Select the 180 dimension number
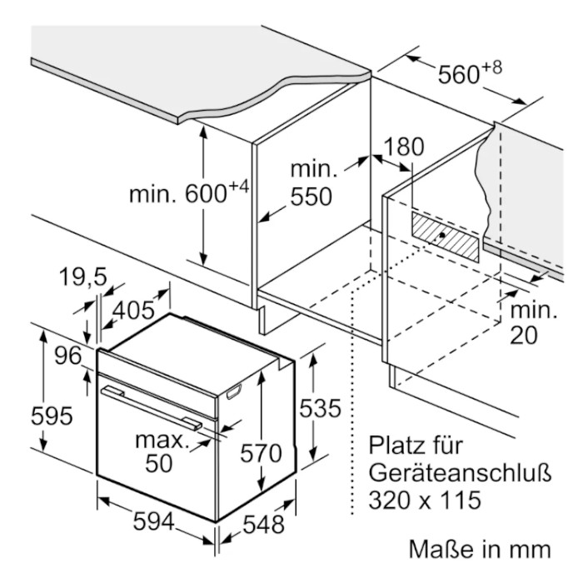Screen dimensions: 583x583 (x=403, y=147)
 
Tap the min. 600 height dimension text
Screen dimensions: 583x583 (x=188, y=191)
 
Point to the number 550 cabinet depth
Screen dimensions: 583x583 (x=311, y=197)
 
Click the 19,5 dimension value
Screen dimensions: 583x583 (x=83, y=277)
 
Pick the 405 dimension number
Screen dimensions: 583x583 (x=133, y=310)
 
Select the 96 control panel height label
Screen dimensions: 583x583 (x=68, y=356)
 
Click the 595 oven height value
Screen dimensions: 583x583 (x=52, y=416)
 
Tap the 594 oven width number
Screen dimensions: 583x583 (x=153, y=521)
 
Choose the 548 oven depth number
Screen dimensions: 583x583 (x=264, y=525)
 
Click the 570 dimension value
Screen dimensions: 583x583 (x=261, y=453)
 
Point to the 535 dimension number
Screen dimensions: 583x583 (x=320, y=408)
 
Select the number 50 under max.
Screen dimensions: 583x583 (x=159, y=463)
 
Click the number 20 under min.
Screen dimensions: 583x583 (x=524, y=335)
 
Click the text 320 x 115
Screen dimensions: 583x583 (x=425, y=500)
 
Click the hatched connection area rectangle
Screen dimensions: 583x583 (x=446, y=237)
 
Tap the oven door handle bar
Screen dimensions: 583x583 (x=152, y=408)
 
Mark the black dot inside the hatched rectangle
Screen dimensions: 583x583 (x=442, y=235)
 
